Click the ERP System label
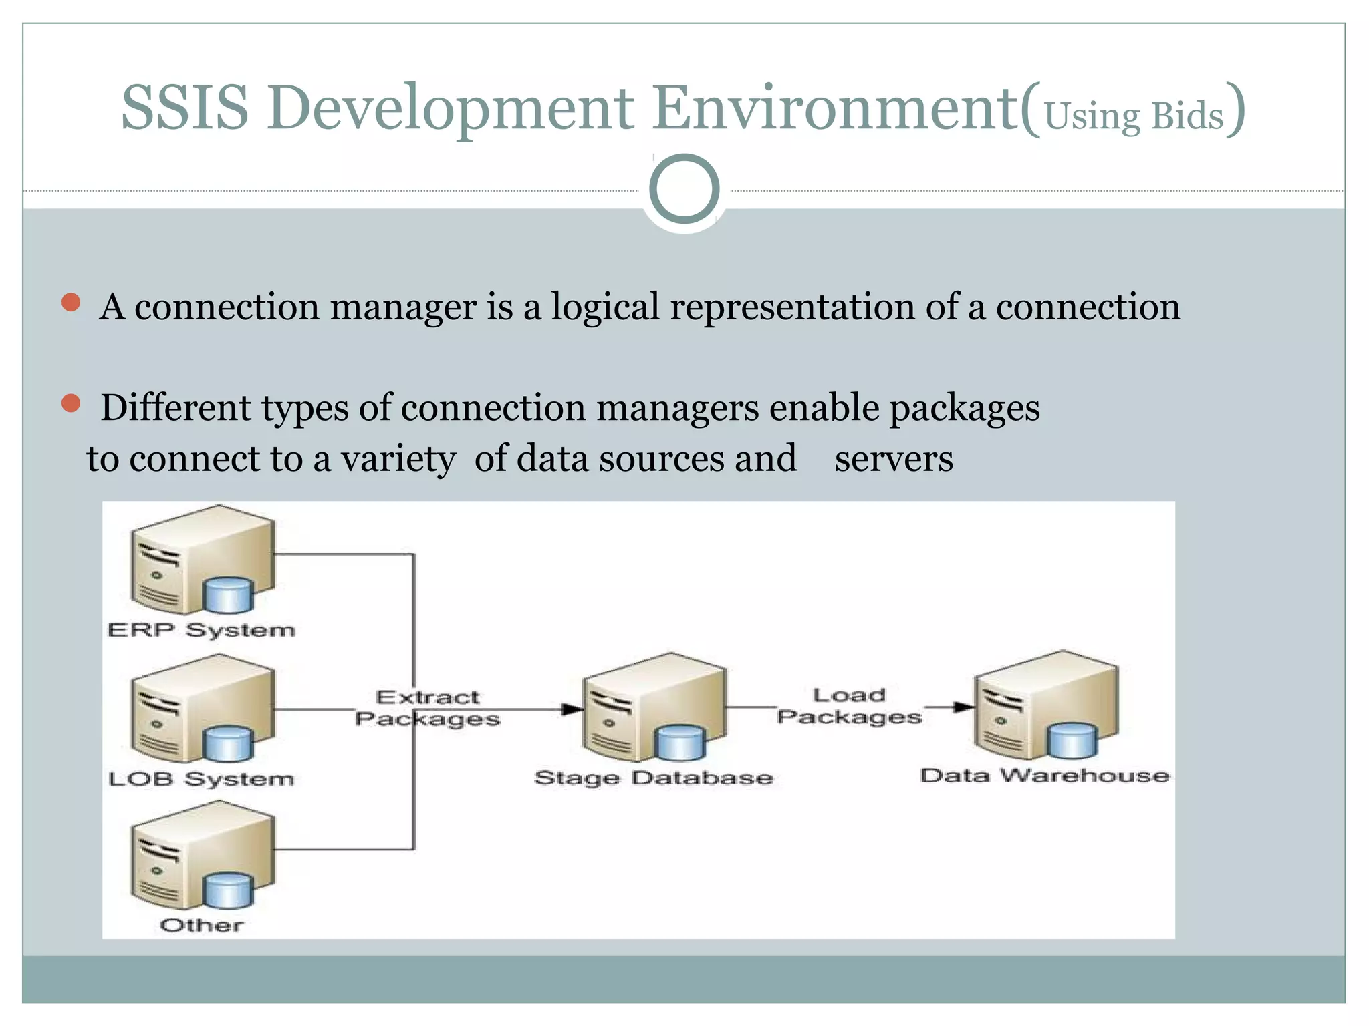point(201,630)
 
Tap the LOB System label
point(201,779)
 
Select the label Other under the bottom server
point(201,925)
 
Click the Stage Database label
point(653,778)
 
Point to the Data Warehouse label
point(1045,776)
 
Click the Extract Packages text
point(427,708)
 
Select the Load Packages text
point(849,706)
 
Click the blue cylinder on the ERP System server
point(228,595)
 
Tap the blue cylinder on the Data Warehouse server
point(1072,741)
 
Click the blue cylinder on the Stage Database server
point(680,743)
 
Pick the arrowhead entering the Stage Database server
point(572,709)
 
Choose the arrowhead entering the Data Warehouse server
point(963,707)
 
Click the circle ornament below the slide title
point(684,189)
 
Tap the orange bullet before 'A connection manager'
point(71,303)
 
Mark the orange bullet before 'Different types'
point(71,403)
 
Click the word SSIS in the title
point(184,108)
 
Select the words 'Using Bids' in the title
point(1134,116)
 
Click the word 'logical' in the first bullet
point(605,307)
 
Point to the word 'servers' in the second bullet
point(893,459)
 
